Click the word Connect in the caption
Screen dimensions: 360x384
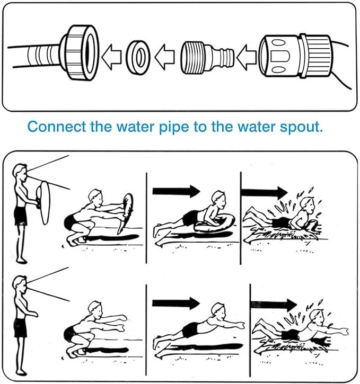pyautogui.click(x=57, y=127)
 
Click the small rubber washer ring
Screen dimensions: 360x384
pyautogui.click(x=138, y=57)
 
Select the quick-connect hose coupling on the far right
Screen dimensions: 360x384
pyautogui.click(x=295, y=56)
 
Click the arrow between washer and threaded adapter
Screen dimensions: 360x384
pyautogui.click(x=164, y=57)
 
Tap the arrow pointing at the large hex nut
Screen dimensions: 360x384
pyautogui.click(x=111, y=57)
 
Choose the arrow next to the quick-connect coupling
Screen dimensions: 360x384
pyautogui.click(x=247, y=57)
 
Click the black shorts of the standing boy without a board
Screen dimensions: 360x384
pyautogui.click(x=20, y=327)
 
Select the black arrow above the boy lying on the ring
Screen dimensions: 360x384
pyautogui.click(x=176, y=191)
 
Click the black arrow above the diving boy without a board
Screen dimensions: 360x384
pyautogui.click(x=176, y=303)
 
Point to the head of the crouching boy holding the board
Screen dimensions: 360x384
pyautogui.click(x=95, y=198)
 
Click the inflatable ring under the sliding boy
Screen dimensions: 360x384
pyautogui.click(x=214, y=223)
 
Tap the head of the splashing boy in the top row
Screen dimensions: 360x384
pyautogui.click(x=308, y=205)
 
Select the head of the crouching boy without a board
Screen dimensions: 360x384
pyautogui.click(x=95, y=310)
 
